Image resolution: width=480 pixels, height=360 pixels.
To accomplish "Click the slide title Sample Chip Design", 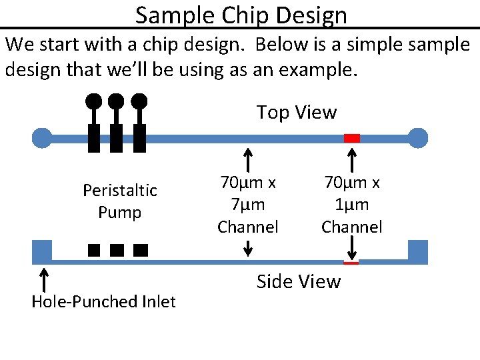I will pos(241,15).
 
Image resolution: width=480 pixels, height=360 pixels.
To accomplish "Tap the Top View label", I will pos(297,112).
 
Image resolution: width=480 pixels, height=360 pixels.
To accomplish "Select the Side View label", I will pos(298,282).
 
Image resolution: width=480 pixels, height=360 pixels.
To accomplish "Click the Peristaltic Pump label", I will pos(120,201).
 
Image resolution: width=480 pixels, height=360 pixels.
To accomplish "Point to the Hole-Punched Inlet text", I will pos(103,302).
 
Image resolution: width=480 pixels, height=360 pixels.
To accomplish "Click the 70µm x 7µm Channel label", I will pos(248,205).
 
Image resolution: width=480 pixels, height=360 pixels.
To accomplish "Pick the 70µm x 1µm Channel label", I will pos(351,205).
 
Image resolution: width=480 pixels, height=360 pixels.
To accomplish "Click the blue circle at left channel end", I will pos(42,138).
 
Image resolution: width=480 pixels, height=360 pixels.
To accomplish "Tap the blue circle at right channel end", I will pos(418,138).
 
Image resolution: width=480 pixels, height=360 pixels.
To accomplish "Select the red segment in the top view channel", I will pos(352,138).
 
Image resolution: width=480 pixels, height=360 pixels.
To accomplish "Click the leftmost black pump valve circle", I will pos(94,101).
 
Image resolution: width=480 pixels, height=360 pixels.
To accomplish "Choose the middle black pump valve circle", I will pos(116,101).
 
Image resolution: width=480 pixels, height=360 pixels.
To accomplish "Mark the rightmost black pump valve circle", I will pos(139,101).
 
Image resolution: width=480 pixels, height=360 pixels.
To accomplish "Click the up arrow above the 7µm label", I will pos(248,161).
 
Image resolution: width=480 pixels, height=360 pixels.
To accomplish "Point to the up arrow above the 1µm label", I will pos(352,161).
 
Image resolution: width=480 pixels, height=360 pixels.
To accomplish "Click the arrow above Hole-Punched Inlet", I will pos(43,281).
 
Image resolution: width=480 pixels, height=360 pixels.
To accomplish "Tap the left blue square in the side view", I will pos(42,252).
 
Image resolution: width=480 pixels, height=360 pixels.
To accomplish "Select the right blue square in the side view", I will pos(418,252).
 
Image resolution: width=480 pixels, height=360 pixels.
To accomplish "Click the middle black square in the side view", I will pos(117,251).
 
